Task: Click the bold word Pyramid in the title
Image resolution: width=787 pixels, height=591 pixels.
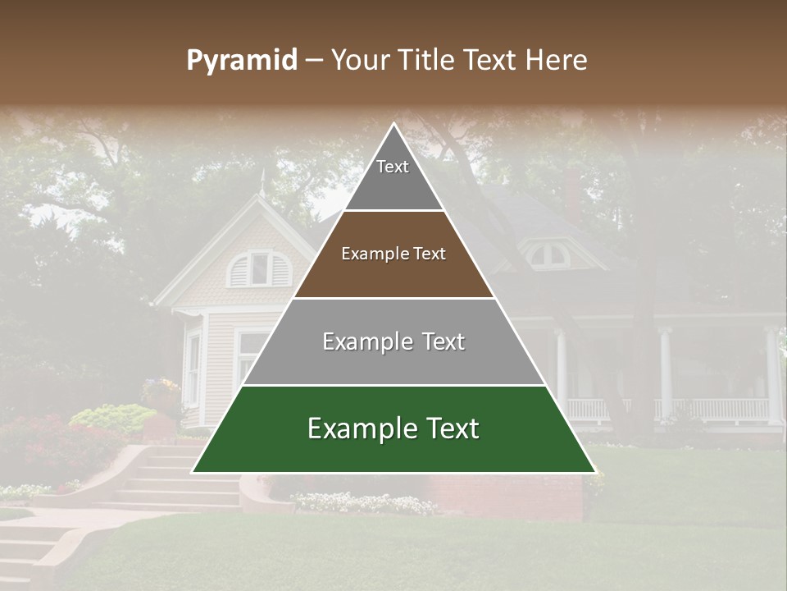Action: tap(241, 60)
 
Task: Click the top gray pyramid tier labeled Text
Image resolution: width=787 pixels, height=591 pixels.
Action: tap(393, 172)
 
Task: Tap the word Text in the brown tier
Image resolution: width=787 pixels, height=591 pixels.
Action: tap(430, 254)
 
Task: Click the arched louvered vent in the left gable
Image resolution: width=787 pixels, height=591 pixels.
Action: tap(259, 268)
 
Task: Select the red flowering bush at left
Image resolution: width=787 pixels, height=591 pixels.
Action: tap(49, 447)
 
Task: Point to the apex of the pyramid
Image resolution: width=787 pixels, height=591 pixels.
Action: tap(393, 125)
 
